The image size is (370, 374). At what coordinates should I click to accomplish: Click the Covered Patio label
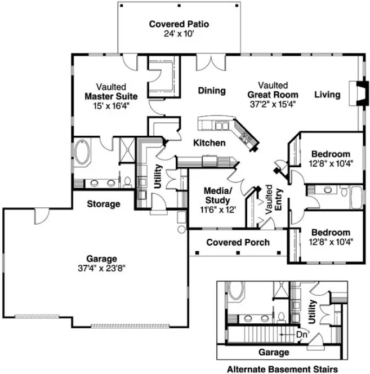coord(179,24)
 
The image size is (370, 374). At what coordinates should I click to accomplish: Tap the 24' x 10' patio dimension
coord(179,34)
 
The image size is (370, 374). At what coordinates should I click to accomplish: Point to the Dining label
coord(212,91)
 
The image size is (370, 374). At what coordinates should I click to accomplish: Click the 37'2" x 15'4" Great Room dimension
coord(273,104)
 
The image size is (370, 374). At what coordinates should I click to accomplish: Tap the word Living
coord(327,95)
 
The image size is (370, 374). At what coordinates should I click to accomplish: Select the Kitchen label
coord(209,143)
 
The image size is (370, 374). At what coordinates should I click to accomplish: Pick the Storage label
coord(103,204)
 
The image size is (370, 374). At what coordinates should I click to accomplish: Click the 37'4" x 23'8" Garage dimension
coord(102,268)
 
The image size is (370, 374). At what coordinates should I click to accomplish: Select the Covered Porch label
coord(238,243)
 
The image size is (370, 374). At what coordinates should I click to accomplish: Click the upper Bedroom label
coord(331,154)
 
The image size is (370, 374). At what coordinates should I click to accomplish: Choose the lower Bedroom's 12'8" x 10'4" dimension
coord(331,242)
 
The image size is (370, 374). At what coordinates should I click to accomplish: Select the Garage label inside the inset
coord(274,352)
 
